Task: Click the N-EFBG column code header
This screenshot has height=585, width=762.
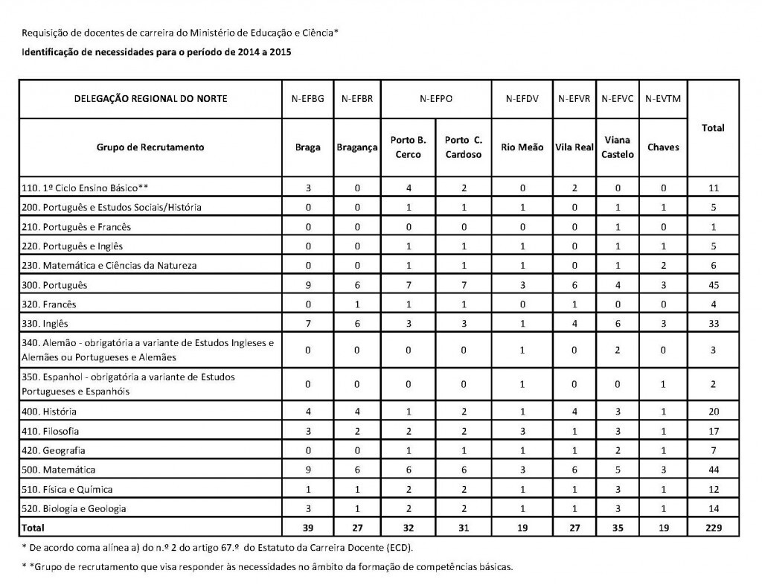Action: pos(308,98)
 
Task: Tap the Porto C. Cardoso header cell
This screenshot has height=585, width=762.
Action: pos(464,147)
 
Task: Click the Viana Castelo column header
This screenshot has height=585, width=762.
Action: pos(618,147)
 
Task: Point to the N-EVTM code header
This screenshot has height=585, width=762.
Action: pos(663,98)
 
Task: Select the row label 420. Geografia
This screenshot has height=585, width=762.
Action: pos(54,450)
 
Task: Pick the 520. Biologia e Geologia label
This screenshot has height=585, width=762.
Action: pos(74,508)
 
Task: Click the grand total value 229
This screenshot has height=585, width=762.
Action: pos(713,528)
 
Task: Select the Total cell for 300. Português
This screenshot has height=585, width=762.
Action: pos(713,285)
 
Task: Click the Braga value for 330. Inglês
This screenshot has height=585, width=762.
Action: pos(308,324)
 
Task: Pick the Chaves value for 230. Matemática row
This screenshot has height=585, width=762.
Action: pos(663,266)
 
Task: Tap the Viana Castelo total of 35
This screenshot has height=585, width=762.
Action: pos(618,528)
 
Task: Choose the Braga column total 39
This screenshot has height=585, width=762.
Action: pos(308,528)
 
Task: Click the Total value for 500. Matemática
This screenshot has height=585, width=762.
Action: pos(713,470)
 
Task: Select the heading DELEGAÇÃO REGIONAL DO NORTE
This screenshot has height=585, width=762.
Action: pos(150,98)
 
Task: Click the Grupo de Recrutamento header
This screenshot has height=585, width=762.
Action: pos(150,147)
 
